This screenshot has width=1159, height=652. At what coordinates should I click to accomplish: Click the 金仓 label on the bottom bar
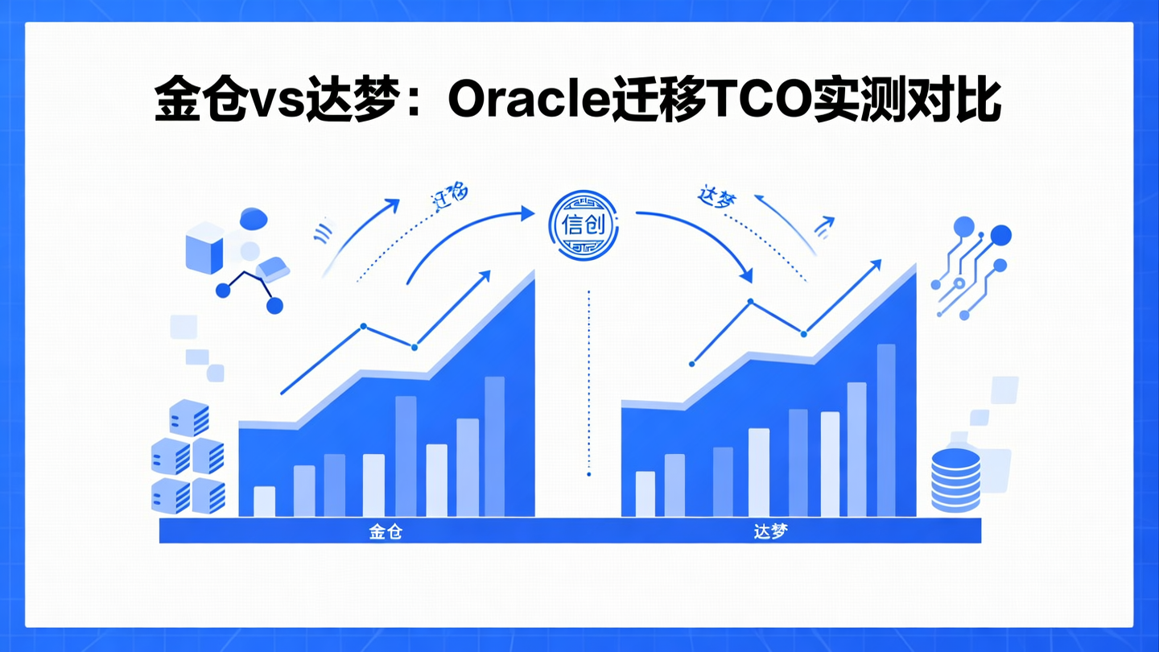[386, 531]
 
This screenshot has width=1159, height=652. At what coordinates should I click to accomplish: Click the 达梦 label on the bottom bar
[770, 531]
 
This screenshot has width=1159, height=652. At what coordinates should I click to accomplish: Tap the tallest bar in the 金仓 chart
[494, 446]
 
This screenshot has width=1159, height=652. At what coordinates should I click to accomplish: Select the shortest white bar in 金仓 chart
[264, 501]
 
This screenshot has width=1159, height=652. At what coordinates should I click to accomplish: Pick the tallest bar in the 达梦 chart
[885, 430]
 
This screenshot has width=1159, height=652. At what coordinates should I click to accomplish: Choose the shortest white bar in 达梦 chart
[645, 493]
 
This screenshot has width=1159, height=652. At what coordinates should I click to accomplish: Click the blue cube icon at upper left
[204, 249]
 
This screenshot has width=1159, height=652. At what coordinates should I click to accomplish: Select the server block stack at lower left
[188, 457]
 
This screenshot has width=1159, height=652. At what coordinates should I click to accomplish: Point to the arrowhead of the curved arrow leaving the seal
[746, 276]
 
